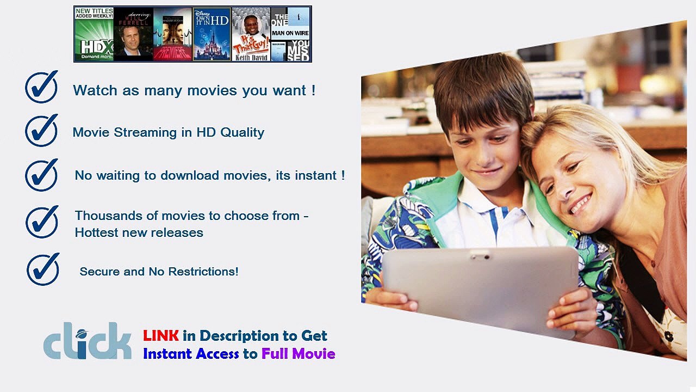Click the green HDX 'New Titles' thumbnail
click(94, 34)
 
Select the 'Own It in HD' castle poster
click(212, 34)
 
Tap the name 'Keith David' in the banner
click(251, 58)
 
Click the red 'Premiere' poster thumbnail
click(172, 34)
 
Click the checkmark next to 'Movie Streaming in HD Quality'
click(41, 131)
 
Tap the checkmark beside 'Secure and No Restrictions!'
click(43, 269)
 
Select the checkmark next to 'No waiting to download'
click(41, 175)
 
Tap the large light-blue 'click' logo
click(88, 341)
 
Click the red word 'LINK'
click(161, 335)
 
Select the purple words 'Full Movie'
click(298, 354)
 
